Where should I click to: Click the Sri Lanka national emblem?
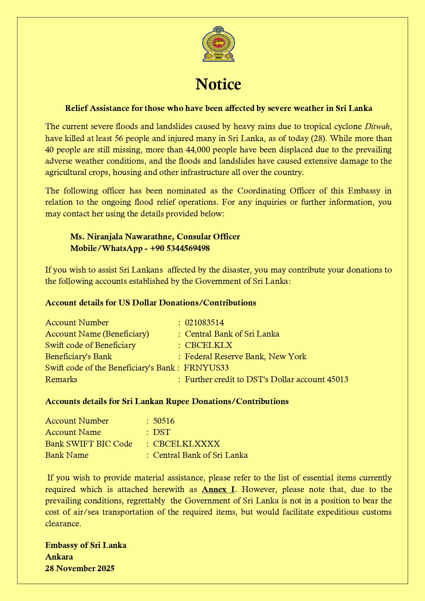[218, 44]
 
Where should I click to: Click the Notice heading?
[218, 84]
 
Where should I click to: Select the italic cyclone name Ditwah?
[377, 127]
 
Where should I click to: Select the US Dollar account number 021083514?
[204, 323]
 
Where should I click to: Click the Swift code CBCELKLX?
[209, 345]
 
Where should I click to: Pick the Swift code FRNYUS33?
[206, 368]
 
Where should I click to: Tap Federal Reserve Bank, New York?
[246, 356]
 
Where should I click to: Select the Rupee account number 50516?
[164, 421]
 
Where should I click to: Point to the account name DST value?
[161, 432]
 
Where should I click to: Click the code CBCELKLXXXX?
[186, 444]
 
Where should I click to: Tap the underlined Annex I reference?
[218, 489]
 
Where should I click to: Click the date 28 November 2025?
[80, 568]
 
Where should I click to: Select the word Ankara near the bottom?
[59, 557]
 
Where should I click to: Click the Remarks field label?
[61, 379]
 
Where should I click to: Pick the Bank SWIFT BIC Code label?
[89, 444]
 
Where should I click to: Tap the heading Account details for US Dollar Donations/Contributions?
[151, 303]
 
